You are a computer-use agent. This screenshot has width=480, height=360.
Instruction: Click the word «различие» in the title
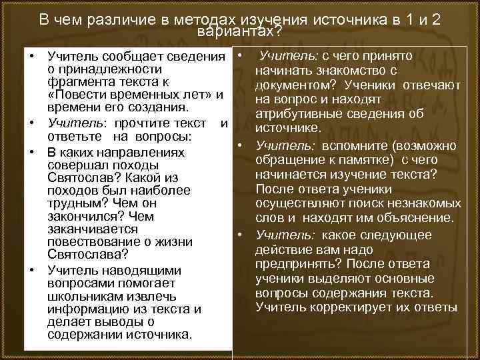[118, 19]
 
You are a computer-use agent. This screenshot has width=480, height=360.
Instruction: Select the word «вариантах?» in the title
[239, 31]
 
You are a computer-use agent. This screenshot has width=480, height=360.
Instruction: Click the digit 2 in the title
[435, 19]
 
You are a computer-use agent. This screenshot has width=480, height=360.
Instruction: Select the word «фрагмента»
[79, 83]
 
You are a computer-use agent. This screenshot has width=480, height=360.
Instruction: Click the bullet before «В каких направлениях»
[31, 151]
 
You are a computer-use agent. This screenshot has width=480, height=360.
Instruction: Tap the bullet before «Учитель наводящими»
[31, 270]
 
